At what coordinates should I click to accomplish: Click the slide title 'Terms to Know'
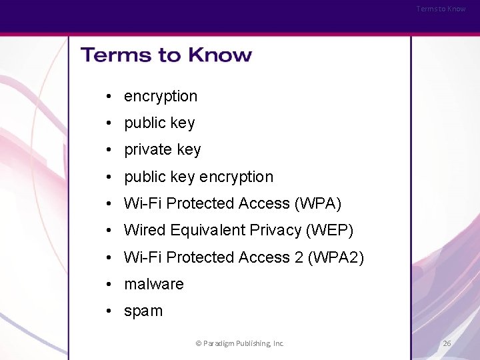166,55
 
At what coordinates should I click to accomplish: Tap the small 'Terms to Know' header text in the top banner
441,9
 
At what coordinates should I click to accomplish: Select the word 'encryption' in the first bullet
161,96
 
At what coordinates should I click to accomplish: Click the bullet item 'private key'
162,150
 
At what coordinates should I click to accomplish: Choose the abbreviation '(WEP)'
329,230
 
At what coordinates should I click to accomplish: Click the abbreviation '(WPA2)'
336,257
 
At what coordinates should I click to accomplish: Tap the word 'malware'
153,284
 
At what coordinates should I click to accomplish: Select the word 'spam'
143,311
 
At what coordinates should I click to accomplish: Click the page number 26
447,343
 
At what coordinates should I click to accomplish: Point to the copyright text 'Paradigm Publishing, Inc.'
243,343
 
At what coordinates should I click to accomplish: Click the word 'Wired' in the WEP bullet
145,230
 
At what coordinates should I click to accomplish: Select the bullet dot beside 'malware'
107,284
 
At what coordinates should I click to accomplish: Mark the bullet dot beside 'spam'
107,311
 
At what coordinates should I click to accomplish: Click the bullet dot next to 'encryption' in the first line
107,96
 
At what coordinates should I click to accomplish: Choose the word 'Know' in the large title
219,55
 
